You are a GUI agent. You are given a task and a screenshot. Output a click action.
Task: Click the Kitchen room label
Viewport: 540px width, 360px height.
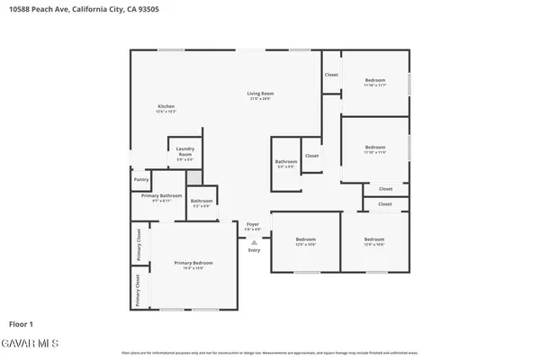pos(166,106)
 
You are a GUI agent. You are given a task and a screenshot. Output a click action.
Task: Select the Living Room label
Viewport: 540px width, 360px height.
pos(261,93)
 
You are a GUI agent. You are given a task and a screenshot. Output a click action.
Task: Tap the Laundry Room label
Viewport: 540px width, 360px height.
pos(185,152)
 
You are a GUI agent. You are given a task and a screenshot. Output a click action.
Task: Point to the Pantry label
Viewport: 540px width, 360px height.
pos(140,179)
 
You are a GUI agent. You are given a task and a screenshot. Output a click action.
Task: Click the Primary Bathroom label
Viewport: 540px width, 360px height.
pos(162,195)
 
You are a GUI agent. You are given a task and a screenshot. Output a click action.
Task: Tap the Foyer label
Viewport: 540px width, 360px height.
pos(253,224)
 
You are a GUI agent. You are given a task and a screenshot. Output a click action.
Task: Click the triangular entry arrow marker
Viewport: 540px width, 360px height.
pos(254,241)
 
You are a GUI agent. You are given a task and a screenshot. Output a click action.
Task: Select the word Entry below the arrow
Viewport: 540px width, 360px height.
pos(254,250)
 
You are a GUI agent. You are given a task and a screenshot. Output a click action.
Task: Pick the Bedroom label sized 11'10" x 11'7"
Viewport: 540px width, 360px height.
pos(375,81)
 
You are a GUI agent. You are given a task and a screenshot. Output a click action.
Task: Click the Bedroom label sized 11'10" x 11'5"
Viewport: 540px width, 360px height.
pos(375,147)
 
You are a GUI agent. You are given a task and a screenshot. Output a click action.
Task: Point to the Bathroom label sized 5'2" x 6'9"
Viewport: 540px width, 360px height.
pos(202,201)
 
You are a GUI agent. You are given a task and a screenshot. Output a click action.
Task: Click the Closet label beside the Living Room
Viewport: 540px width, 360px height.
pos(331,74)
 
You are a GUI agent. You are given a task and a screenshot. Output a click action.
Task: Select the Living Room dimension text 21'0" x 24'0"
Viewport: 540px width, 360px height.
pos(261,98)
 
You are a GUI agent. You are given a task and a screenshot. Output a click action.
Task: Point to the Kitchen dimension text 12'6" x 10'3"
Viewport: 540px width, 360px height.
pos(166,112)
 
